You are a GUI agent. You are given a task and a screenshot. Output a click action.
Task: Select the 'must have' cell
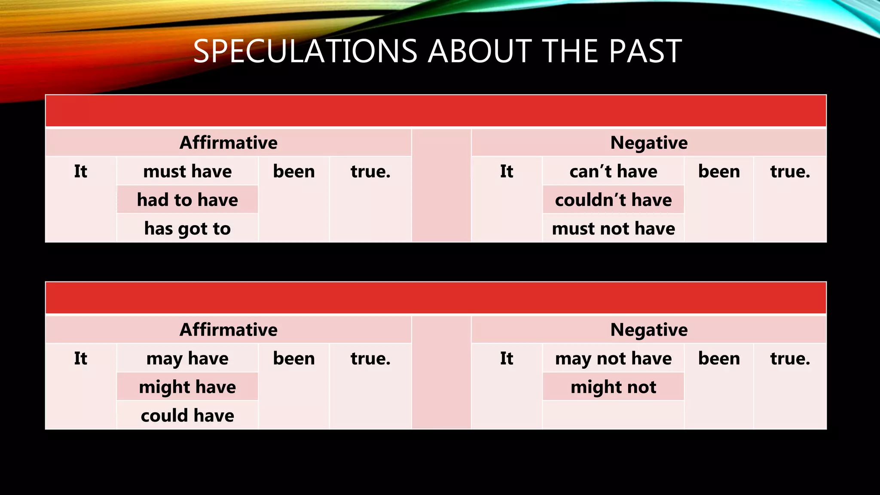pos(187,171)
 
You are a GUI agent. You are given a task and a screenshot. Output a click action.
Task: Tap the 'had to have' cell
pos(187,200)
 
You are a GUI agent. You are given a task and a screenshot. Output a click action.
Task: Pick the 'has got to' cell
pos(187,228)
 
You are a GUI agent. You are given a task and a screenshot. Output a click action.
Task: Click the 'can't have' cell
pos(613,171)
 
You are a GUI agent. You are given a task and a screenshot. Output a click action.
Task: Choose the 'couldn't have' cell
pos(613,200)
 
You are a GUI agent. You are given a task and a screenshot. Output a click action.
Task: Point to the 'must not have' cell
pos(613,228)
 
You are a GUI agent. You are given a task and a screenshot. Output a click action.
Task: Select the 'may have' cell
pos(187,358)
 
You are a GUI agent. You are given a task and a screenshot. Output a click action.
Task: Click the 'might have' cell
pos(187,387)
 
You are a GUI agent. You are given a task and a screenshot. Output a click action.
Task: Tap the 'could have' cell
pos(187,416)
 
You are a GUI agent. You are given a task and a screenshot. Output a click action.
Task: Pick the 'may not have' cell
pos(613,358)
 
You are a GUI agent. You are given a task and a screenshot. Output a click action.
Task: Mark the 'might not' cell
pos(613,387)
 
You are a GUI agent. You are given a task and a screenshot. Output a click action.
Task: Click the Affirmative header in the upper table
pos(228,142)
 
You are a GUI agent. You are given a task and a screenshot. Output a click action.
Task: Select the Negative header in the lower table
pos(649,330)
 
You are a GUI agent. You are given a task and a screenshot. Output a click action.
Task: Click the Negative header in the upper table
pos(649,142)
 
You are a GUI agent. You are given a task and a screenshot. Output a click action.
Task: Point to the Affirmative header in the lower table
pos(228,330)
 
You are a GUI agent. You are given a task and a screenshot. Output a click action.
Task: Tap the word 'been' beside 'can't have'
pos(719,171)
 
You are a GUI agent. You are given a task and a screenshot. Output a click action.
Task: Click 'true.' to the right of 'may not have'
pos(790,358)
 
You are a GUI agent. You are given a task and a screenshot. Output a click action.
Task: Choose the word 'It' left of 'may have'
pos(80,358)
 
